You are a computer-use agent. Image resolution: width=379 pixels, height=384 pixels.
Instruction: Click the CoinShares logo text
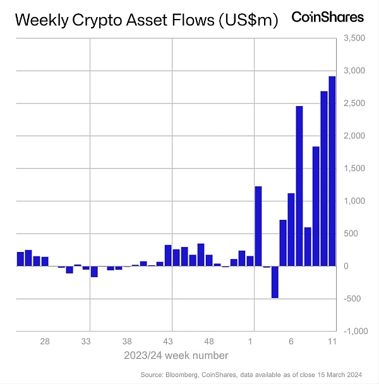point(327,17)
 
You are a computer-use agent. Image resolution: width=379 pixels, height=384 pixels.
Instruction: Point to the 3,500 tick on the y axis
point(354,39)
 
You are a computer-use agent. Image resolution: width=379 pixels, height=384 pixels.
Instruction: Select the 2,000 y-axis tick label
point(354,136)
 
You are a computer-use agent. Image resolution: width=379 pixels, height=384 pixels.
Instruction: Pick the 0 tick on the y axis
point(347,267)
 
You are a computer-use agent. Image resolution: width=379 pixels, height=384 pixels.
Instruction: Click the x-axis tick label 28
point(45,341)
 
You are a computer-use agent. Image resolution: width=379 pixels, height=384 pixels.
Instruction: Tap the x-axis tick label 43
point(168,341)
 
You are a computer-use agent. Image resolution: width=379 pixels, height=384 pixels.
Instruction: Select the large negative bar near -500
point(275,282)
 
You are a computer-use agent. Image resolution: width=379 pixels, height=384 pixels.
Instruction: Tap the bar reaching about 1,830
point(316,206)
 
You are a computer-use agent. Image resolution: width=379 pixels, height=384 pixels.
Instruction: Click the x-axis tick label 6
point(291,341)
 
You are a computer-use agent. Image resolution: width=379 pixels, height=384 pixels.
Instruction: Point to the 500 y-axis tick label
point(351,234)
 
